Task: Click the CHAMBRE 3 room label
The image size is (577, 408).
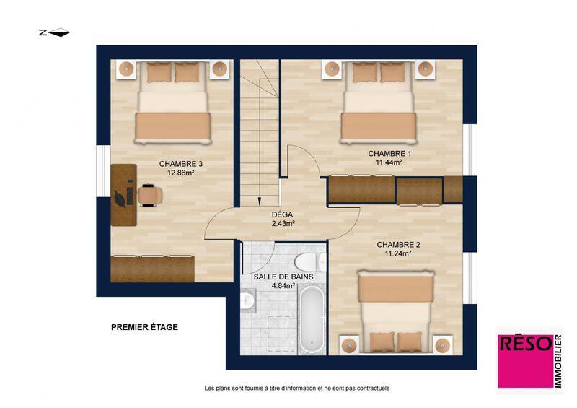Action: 180,165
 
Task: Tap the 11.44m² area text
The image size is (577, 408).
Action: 389,162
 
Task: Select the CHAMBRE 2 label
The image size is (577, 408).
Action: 398,245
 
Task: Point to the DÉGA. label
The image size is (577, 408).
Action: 282,215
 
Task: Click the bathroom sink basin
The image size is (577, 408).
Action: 247,301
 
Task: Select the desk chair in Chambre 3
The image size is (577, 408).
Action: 149,195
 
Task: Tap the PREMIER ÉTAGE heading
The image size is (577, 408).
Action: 144,327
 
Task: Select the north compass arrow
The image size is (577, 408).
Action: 54,32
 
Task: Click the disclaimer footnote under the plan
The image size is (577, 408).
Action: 297,388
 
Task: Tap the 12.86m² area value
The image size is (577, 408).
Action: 180,173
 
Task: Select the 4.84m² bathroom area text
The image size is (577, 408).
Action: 283,286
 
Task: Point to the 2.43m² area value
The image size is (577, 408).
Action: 283,224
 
